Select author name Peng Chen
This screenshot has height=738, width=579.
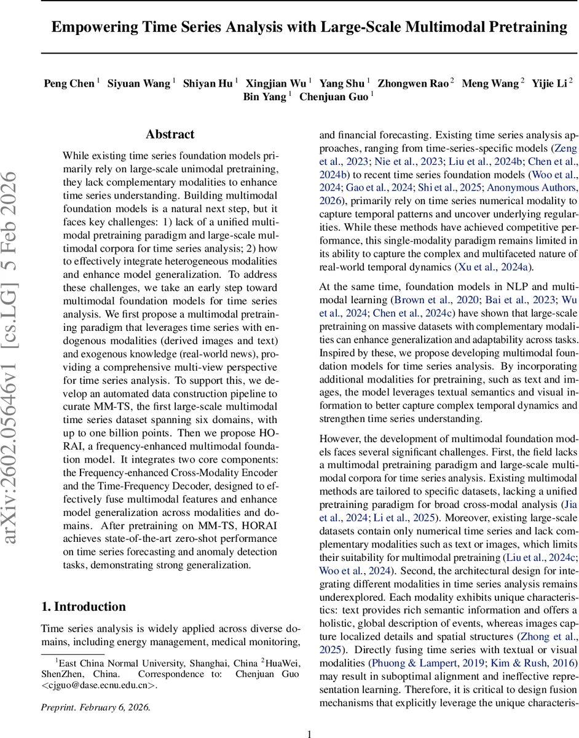[x=69, y=83]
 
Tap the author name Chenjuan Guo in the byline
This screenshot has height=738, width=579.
[x=333, y=97]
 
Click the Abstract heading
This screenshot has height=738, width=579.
[x=170, y=134]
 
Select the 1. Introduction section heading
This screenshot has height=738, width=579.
[x=83, y=606]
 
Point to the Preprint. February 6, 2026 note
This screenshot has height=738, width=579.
[x=95, y=707]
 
